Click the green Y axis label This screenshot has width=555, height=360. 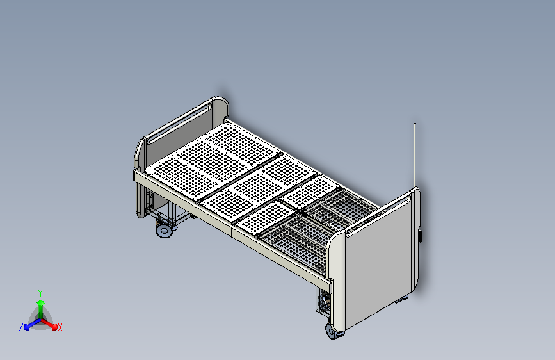40,293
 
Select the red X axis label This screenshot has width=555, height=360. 60,328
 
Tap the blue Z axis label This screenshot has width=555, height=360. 21,327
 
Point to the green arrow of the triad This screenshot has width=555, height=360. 41,309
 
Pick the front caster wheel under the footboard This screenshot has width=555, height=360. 332,331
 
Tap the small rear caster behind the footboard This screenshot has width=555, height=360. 402,299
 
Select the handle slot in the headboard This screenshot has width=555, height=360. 179,122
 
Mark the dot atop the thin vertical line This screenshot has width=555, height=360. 415,124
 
